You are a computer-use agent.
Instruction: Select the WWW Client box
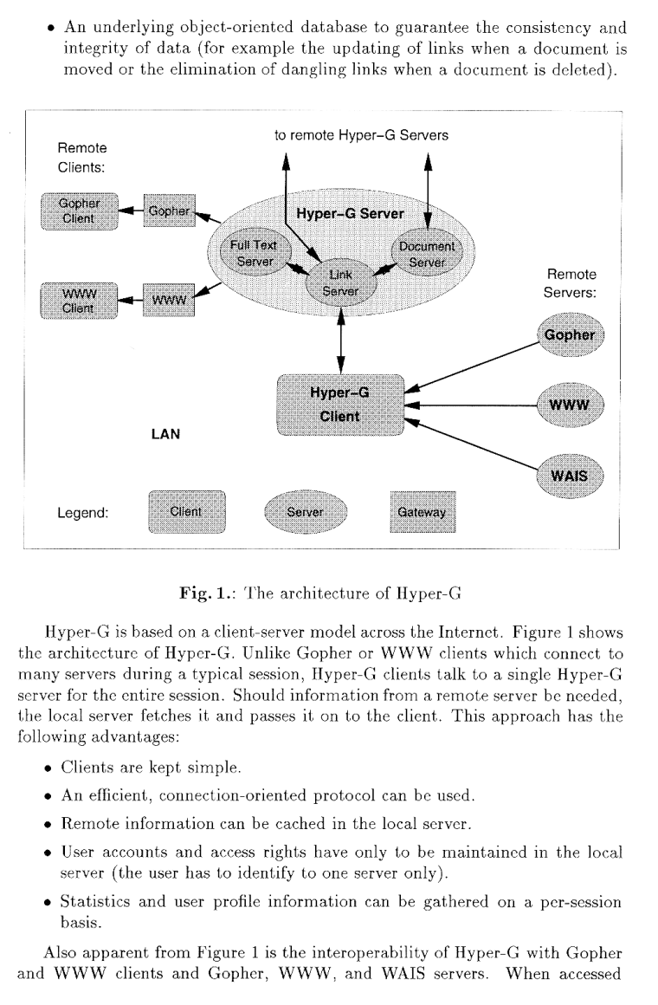(x=81, y=301)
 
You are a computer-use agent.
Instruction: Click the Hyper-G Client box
(x=340, y=405)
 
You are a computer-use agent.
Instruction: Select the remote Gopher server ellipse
(x=570, y=335)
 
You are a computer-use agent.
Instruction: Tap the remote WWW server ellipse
(x=570, y=405)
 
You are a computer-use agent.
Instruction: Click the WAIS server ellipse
(x=570, y=475)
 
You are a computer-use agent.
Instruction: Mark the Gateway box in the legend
(x=422, y=512)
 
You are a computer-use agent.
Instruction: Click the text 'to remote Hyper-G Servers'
(x=362, y=136)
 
